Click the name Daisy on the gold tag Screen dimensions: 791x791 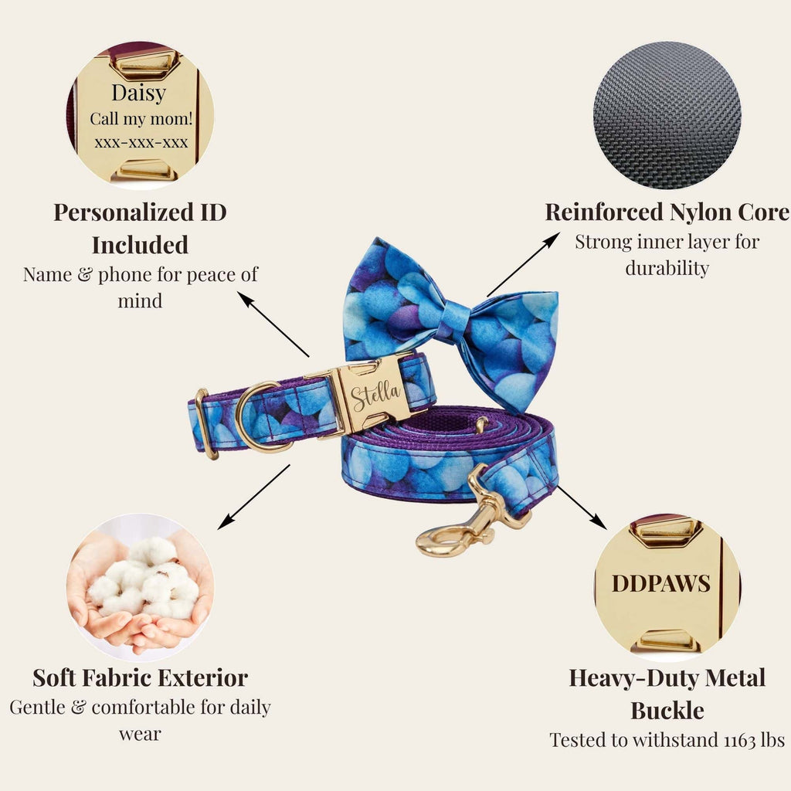pyautogui.click(x=139, y=93)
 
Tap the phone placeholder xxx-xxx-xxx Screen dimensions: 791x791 pyautogui.click(x=141, y=142)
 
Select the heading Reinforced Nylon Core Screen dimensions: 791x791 pyautogui.click(x=667, y=212)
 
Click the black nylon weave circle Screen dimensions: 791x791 pyautogui.click(x=667, y=115)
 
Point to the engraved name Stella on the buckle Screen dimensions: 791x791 pyautogui.click(x=375, y=394)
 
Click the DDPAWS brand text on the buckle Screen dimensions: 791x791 pyautogui.click(x=661, y=584)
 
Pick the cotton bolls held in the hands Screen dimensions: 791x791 pyautogui.click(x=143, y=578)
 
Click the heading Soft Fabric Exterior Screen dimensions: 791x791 pyautogui.click(x=141, y=678)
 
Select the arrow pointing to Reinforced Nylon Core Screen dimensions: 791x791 pyautogui.click(x=523, y=265)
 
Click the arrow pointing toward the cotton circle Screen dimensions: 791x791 pyautogui.click(x=253, y=497)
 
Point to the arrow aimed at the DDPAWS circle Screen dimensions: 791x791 pyautogui.click(x=581, y=507)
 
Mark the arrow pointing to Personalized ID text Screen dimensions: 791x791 pyautogui.click(x=273, y=324)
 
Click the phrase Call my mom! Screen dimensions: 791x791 pyautogui.click(x=141, y=119)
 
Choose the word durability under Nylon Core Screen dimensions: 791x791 pyautogui.click(x=667, y=268)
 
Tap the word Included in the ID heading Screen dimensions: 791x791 pyautogui.click(x=141, y=245)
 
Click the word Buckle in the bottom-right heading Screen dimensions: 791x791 pyautogui.click(x=667, y=711)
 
